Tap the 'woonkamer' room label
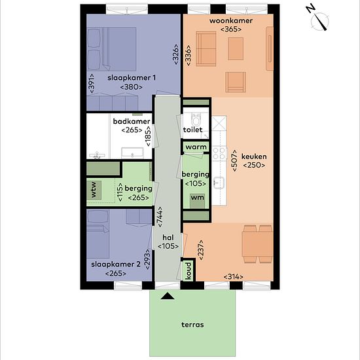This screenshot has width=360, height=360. (x=231, y=21)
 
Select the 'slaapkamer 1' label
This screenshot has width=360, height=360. (x=132, y=78)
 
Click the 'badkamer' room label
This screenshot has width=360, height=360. (x=132, y=121)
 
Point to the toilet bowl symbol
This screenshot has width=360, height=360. (x=196, y=120)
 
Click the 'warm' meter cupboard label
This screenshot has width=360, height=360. (x=196, y=147)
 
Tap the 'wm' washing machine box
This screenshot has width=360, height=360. (x=197, y=201)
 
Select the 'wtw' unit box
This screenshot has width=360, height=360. (x=94, y=190)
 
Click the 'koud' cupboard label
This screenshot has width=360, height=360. (x=189, y=271)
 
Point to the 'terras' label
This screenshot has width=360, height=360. (x=192, y=325)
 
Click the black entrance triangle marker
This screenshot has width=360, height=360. (x=168, y=296)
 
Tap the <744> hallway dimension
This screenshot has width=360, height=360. (x=159, y=217)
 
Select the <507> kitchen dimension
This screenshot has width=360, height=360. (x=234, y=160)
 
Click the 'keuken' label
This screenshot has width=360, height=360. (x=254, y=156)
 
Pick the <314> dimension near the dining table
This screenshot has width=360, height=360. (x=233, y=277)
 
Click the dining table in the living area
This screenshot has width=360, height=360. (x=257, y=244)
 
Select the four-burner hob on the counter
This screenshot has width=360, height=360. (x=219, y=153)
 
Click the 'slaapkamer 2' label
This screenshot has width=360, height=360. (x=116, y=264)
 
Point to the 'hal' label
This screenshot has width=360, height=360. (x=168, y=238)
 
